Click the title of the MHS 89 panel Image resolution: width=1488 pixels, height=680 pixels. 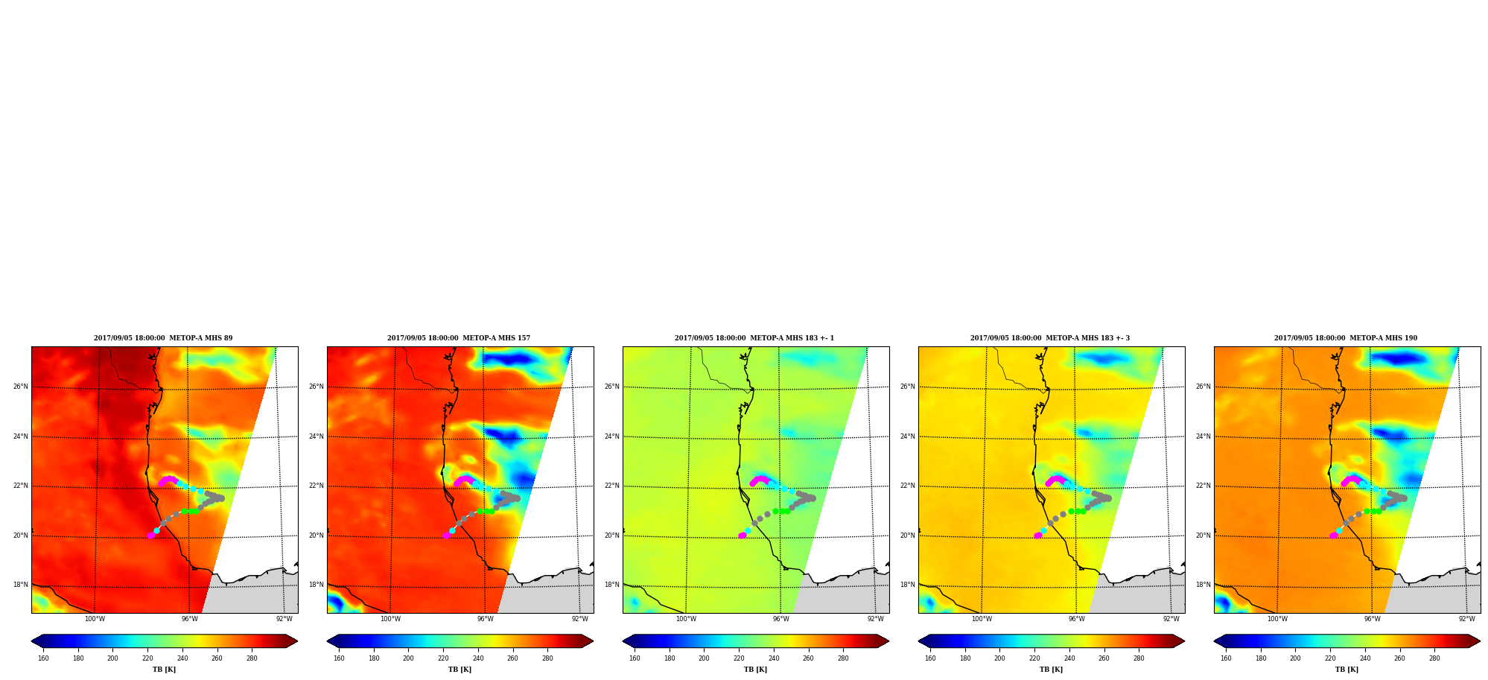(x=163, y=338)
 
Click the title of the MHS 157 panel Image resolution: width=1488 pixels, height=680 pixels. (x=459, y=338)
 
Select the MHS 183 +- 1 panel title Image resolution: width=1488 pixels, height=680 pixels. (x=754, y=338)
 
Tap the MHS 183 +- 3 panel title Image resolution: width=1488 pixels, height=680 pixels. (x=1050, y=338)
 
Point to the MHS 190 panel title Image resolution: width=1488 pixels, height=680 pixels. (x=1346, y=338)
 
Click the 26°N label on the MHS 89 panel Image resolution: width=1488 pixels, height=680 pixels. (x=20, y=387)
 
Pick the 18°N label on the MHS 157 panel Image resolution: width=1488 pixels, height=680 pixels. (x=316, y=585)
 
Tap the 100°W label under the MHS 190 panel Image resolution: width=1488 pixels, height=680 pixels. (x=1277, y=619)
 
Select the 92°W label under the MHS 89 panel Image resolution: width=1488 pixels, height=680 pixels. (x=284, y=619)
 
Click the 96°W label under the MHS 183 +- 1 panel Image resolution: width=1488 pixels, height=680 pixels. (x=780, y=619)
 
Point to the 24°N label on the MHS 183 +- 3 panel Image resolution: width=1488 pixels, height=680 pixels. (x=907, y=436)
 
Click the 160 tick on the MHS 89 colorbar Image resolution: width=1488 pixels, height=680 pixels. (x=43, y=658)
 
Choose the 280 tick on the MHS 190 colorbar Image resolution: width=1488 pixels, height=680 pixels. (x=1434, y=658)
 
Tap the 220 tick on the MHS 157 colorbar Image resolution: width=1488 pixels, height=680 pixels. (x=443, y=658)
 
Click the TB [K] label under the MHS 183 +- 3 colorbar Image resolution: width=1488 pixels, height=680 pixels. (x=1051, y=670)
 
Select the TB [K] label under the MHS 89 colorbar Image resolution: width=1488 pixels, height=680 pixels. (x=164, y=670)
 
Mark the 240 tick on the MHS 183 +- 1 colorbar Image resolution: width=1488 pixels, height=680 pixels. (x=774, y=658)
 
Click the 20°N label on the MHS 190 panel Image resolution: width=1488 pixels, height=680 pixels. (x=1203, y=536)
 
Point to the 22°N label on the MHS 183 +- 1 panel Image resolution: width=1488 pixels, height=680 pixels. (x=611, y=486)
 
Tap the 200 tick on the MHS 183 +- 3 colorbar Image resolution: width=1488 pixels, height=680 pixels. (x=999, y=658)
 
